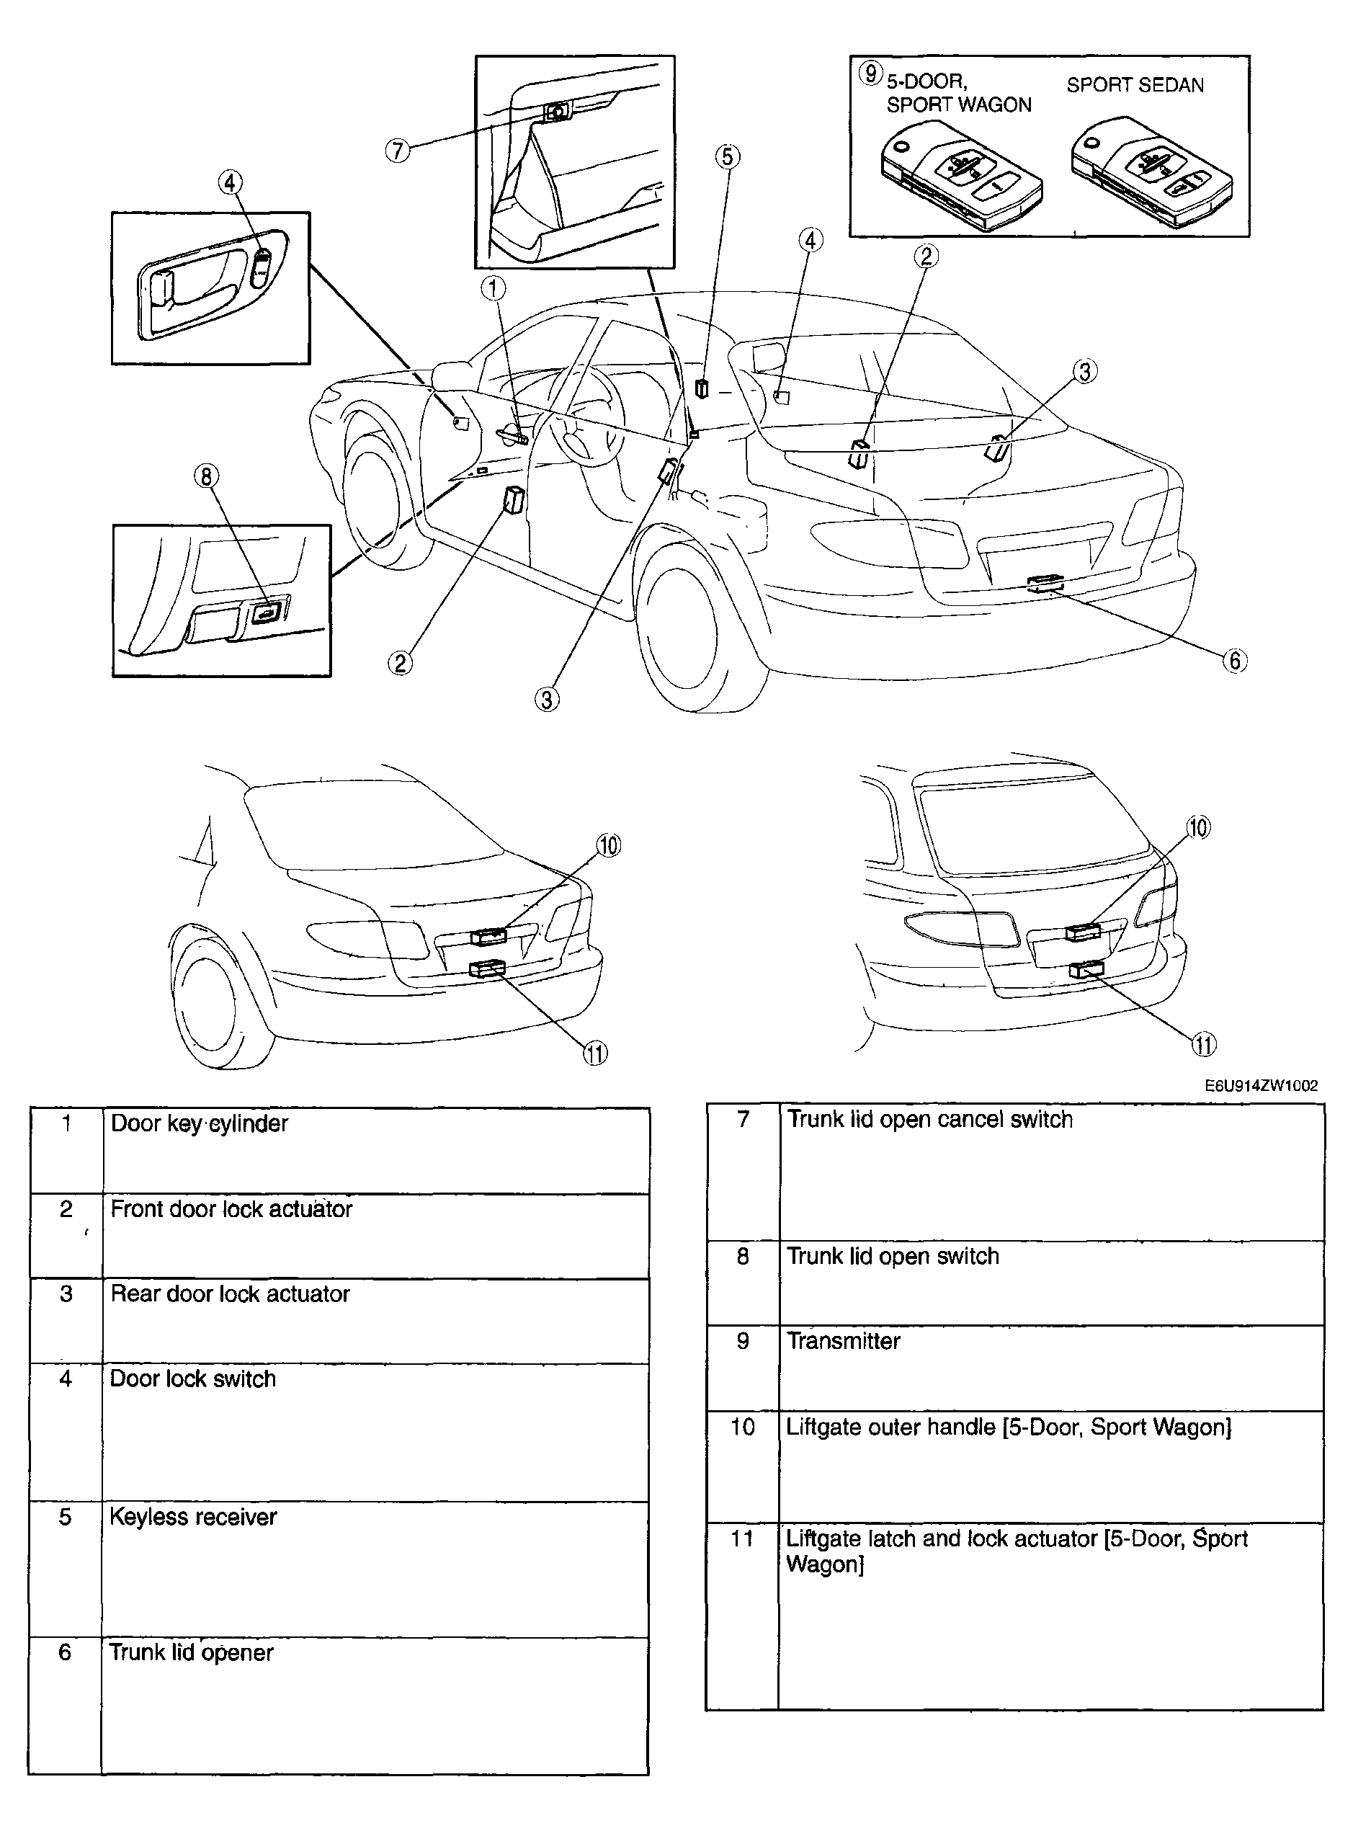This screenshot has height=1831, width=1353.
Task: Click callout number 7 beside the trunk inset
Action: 397,151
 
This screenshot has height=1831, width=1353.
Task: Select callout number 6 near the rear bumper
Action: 1234,660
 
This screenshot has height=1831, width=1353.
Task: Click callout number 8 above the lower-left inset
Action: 206,476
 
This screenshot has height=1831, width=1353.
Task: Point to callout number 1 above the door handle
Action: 493,288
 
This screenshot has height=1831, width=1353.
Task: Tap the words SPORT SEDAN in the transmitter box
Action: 1134,85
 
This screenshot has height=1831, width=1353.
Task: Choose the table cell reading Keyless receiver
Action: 193,1518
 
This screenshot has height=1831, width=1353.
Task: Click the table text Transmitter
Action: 843,1341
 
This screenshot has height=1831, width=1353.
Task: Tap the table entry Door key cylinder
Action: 199,1123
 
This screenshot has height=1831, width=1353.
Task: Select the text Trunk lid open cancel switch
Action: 929,1120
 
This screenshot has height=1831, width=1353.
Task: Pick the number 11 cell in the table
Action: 742,1538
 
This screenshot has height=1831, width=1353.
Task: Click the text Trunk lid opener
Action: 191,1652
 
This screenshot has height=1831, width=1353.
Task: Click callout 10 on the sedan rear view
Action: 609,845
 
